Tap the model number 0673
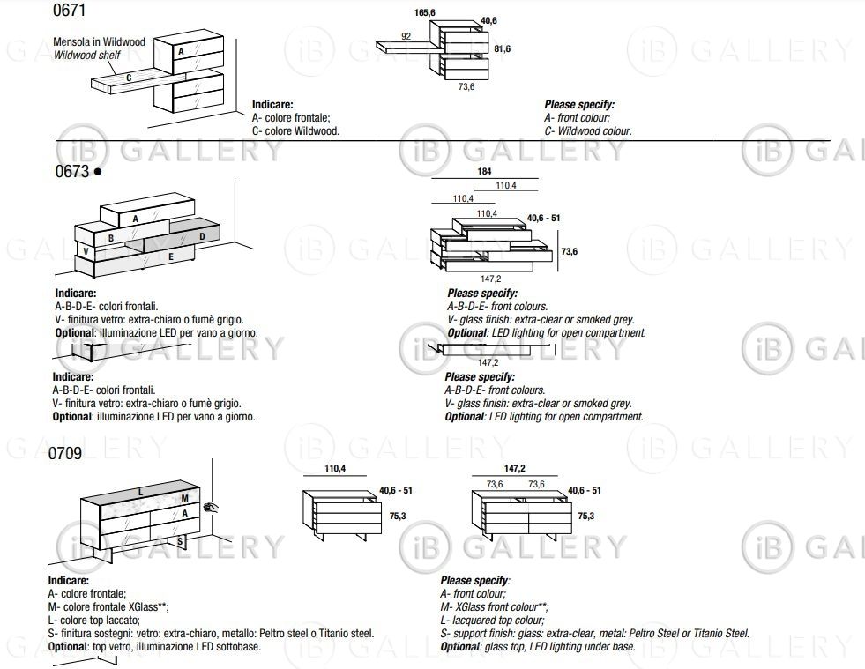pyautogui.click(x=72, y=171)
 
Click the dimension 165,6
pyautogui.click(x=426, y=13)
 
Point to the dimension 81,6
pyautogui.click(x=503, y=49)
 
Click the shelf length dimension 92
pyautogui.click(x=406, y=36)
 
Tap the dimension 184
pyautogui.click(x=483, y=173)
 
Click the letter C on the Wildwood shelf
pyautogui.click(x=129, y=77)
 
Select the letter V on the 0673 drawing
pyautogui.click(x=85, y=251)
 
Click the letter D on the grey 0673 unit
pyautogui.click(x=202, y=236)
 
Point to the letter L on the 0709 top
pyautogui.click(x=140, y=490)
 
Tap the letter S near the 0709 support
pyautogui.click(x=180, y=539)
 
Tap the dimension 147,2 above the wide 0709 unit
pyautogui.click(x=516, y=469)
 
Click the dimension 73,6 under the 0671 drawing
pyautogui.click(x=466, y=86)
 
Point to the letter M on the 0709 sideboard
pyautogui.click(x=185, y=499)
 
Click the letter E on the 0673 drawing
pyautogui.click(x=170, y=256)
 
